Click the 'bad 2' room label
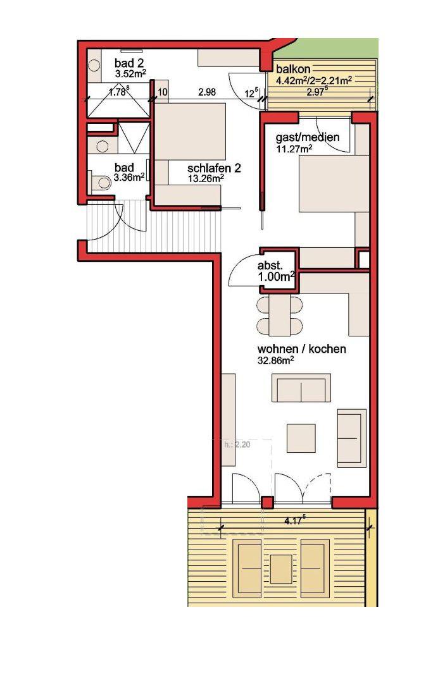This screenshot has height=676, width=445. [129, 64]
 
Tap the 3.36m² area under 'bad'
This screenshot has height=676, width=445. [129, 177]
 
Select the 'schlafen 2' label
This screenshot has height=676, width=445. [214, 168]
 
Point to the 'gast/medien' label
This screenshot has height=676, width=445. [308, 137]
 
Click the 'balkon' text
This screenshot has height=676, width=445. [293, 69]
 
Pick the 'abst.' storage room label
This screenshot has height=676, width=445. [270, 266]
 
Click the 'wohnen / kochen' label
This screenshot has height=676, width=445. [302, 349]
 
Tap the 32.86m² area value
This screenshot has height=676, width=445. [276, 360]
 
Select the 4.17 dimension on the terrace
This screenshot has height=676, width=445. [295, 520]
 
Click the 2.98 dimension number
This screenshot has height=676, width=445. [207, 92]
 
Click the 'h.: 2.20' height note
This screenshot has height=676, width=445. [237, 445]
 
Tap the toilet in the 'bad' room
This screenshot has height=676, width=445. [100, 182]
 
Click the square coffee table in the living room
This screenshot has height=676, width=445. [301, 438]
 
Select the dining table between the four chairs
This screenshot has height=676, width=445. [279, 316]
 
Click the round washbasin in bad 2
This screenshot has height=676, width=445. [94, 66]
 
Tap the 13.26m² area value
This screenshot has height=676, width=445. [206, 178]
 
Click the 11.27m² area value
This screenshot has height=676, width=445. [294, 149]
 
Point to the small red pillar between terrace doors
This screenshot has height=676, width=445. [268, 502]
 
